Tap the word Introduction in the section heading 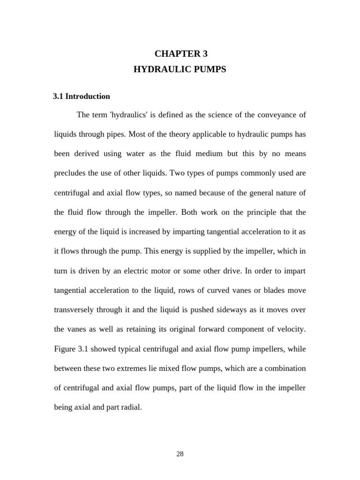click(x=88, y=97)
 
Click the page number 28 click(x=180, y=454)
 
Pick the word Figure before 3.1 click(x=64, y=349)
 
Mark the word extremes click(x=123, y=368)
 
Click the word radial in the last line click(x=131, y=407)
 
